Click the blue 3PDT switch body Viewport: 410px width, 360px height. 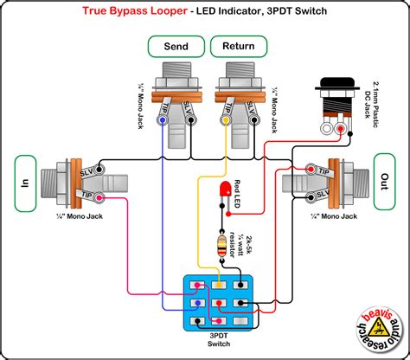coord(219,302)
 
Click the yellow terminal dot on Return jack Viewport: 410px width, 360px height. coord(227,122)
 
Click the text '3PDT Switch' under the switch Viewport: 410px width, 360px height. coord(219,341)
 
